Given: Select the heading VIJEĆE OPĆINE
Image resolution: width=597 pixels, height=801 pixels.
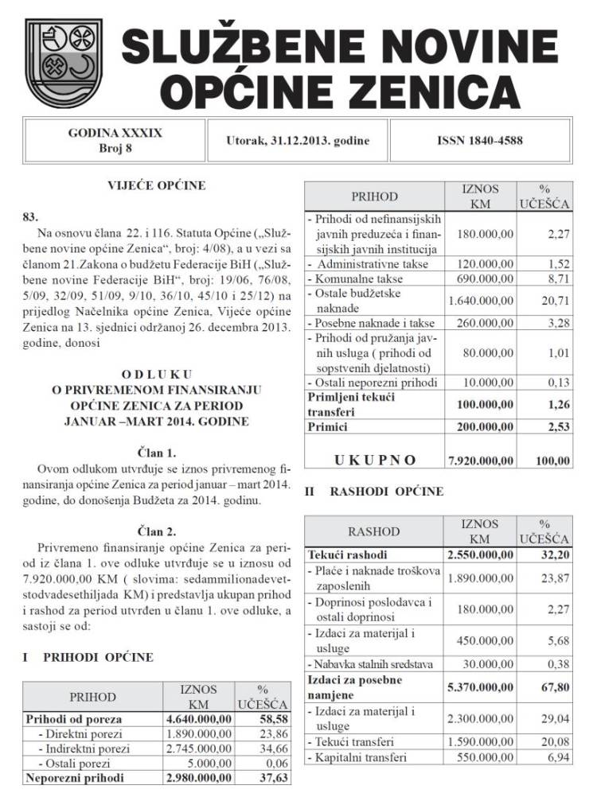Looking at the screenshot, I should [x=156, y=186].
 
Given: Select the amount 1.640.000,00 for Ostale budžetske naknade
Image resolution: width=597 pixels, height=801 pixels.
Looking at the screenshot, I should [x=480, y=301].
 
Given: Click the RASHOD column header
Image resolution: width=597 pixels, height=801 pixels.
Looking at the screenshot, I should [x=373, y=531].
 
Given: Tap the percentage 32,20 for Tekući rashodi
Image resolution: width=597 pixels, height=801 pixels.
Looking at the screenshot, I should [x=553, y=554].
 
